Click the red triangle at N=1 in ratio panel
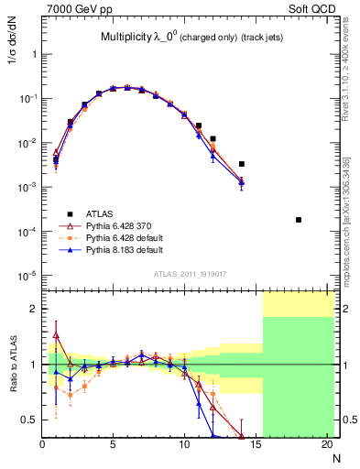click(57, 335)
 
